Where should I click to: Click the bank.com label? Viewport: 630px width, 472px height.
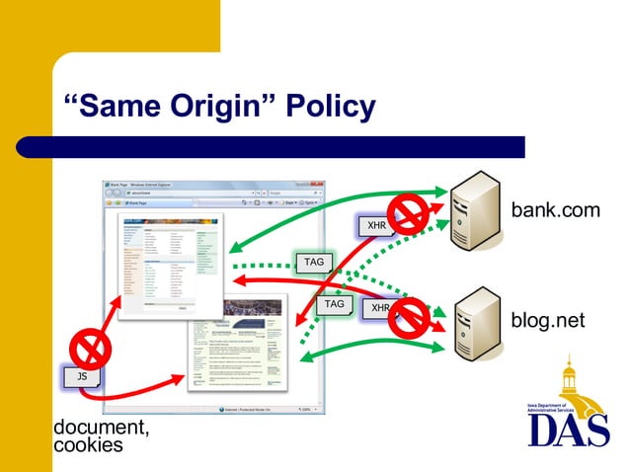coord(555,211)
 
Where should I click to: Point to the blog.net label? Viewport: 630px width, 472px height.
coord(548,320)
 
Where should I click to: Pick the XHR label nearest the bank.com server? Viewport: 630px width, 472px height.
coord(376,225)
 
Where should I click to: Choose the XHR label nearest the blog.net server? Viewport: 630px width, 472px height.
coord(379,308)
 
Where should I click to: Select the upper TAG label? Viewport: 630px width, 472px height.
coord(313,262)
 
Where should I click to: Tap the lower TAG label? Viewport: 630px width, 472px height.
coord(335,304)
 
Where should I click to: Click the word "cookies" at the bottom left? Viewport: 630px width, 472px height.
coord(88,445)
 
